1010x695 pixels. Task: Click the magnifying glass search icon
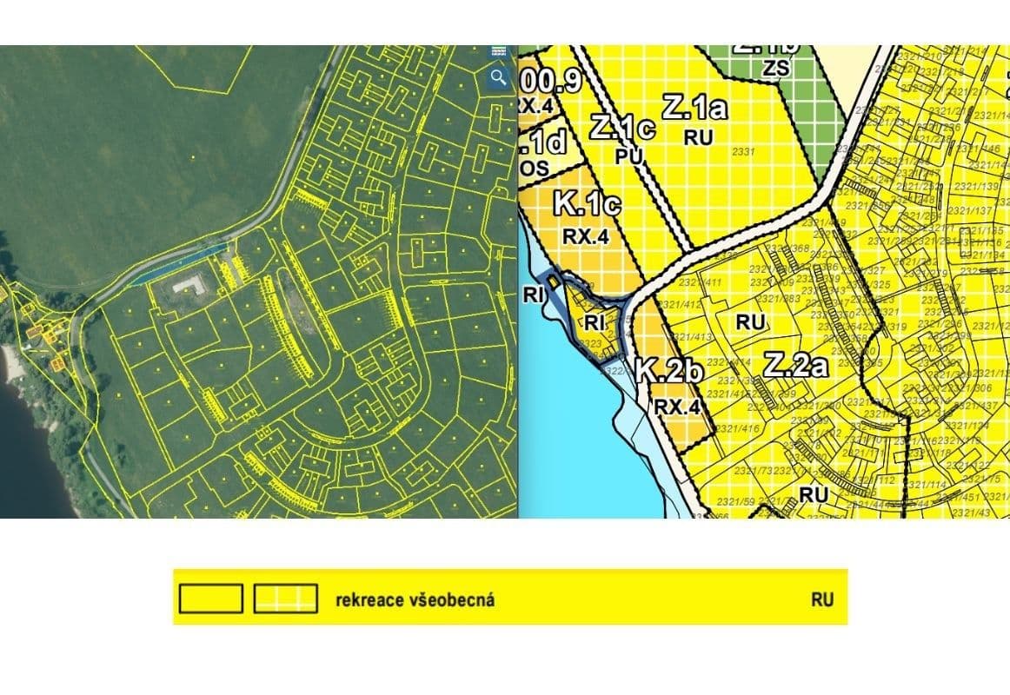498,77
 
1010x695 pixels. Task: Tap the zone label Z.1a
694,108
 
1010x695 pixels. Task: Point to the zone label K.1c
587,205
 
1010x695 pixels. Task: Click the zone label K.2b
668,371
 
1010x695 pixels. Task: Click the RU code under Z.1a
698,137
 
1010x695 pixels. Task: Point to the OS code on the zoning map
535,169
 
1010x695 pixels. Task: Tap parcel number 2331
743,152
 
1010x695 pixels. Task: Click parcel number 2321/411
701,282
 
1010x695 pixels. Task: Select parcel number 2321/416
740,428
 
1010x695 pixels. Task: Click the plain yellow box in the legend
210,599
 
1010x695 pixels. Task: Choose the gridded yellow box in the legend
285,599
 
